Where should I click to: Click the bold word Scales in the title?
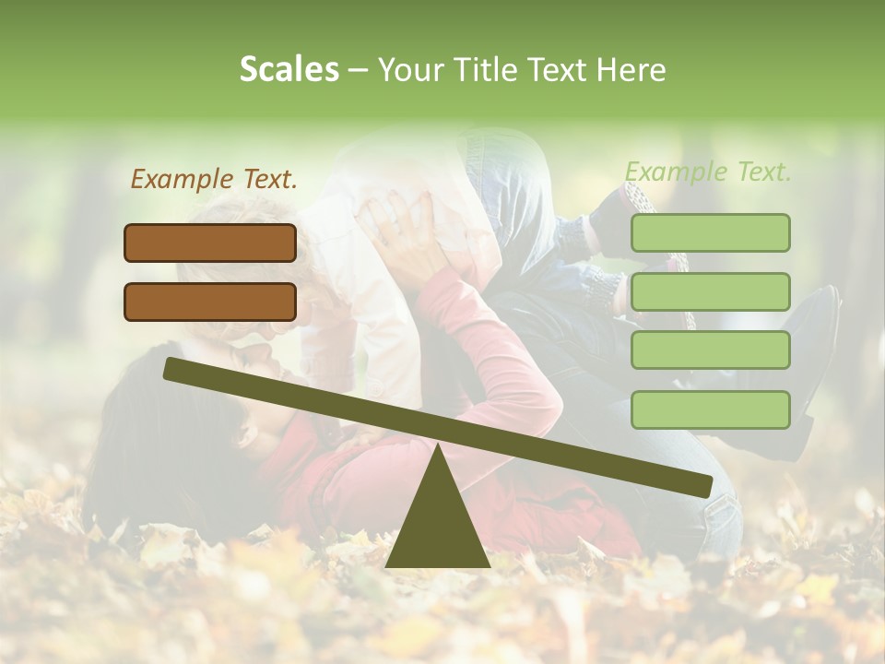pyautogui.click(x=289, y=69)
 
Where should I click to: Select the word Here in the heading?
pyautogui.click(x=631, y=70)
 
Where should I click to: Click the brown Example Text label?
pyautogui.click(x=214, y=179)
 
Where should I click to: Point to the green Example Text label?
pyautogui.click(x=708, y=172)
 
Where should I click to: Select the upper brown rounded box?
pyautogui.click(x=210, y=243)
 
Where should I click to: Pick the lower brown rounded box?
pyautogui.click(x=210, y=302)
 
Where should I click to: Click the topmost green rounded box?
pyautogui.click(x=710, y=232)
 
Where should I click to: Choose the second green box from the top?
pyautogui.click(x=710, y=291)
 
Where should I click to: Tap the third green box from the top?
pyautogui.click(x=710, y=350)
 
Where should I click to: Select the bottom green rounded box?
pyautogui.click(x=710, y=409)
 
